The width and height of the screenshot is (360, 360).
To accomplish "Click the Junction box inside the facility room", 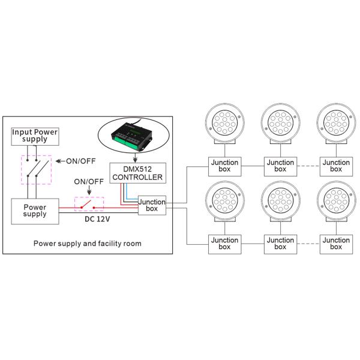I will coord(151,206).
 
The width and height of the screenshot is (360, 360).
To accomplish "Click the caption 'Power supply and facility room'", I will coord(88,244).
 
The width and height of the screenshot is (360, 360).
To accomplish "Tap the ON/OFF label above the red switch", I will coord(88,182).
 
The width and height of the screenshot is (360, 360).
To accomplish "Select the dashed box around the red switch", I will coord(88,205).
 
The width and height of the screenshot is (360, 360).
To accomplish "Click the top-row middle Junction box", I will coord(280,166).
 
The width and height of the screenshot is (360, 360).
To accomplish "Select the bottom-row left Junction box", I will coord(224,244).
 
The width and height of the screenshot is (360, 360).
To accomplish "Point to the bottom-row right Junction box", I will coord(335,244).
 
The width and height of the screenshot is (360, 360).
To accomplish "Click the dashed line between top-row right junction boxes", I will coord(307,166).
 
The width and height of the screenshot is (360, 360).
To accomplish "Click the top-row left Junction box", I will coord(224,166).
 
